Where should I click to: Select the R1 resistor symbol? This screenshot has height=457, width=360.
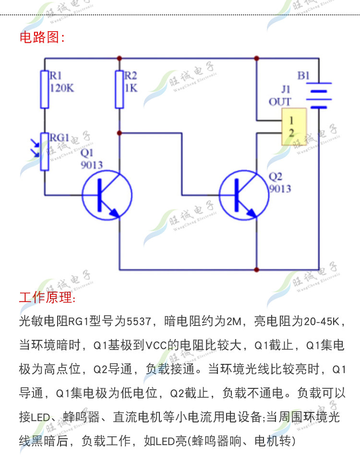click(x=45, y=89)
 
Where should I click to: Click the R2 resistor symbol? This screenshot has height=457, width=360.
click(x=120, y=89)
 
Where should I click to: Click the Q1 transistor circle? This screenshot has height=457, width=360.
click(x=107, y=195)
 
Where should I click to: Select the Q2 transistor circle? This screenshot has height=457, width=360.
click(x=243, y=195)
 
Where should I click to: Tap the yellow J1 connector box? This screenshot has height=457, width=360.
click(x=294, y=126)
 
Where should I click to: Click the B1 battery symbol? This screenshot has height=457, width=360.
click(x=319, y=96)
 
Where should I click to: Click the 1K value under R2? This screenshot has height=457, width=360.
click(x=131, y=88)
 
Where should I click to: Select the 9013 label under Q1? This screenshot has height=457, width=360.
click(x=92, y=165)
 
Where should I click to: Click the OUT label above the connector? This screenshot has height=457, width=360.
click(x=280, y=101)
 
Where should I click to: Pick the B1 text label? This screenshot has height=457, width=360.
click(x=304, y=75)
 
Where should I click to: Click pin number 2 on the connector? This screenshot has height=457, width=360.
click(x=291, y=133)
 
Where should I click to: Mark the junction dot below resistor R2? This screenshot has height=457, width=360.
click(x=120, y=132)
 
